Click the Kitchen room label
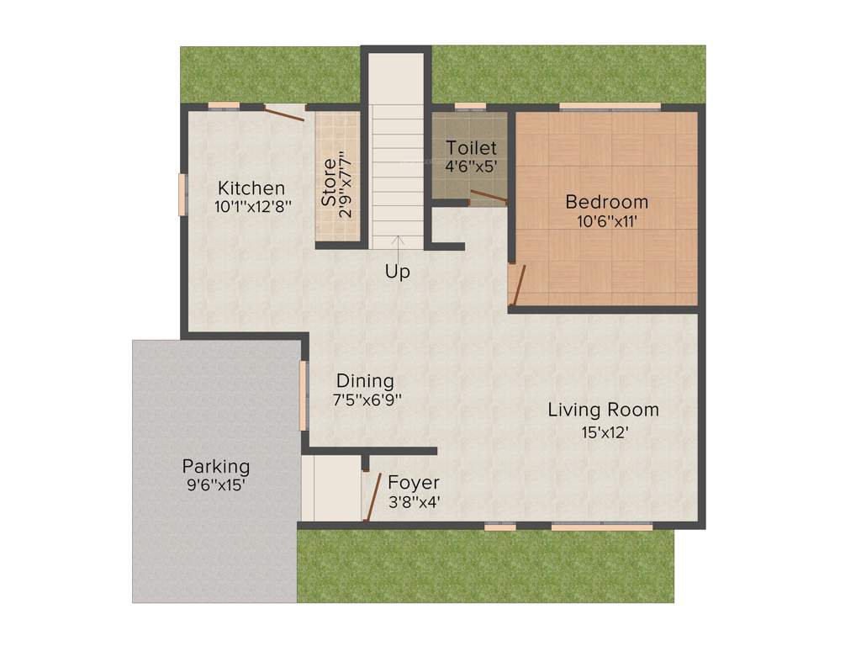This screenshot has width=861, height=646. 251,188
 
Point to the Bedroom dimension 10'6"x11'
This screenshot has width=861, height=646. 606,221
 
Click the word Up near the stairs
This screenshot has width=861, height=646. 398,273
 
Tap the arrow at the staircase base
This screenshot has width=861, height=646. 398,243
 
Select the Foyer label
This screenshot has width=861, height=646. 413,483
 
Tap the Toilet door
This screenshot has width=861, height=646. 488,198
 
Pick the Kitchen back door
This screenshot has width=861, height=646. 284,114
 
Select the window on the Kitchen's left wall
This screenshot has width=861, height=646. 181,194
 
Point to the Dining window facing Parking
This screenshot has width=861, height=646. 304,394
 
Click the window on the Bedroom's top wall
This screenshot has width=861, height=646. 610,107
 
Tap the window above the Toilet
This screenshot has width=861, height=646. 470,107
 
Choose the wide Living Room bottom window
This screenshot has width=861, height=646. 601,527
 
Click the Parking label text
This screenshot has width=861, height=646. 216,466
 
